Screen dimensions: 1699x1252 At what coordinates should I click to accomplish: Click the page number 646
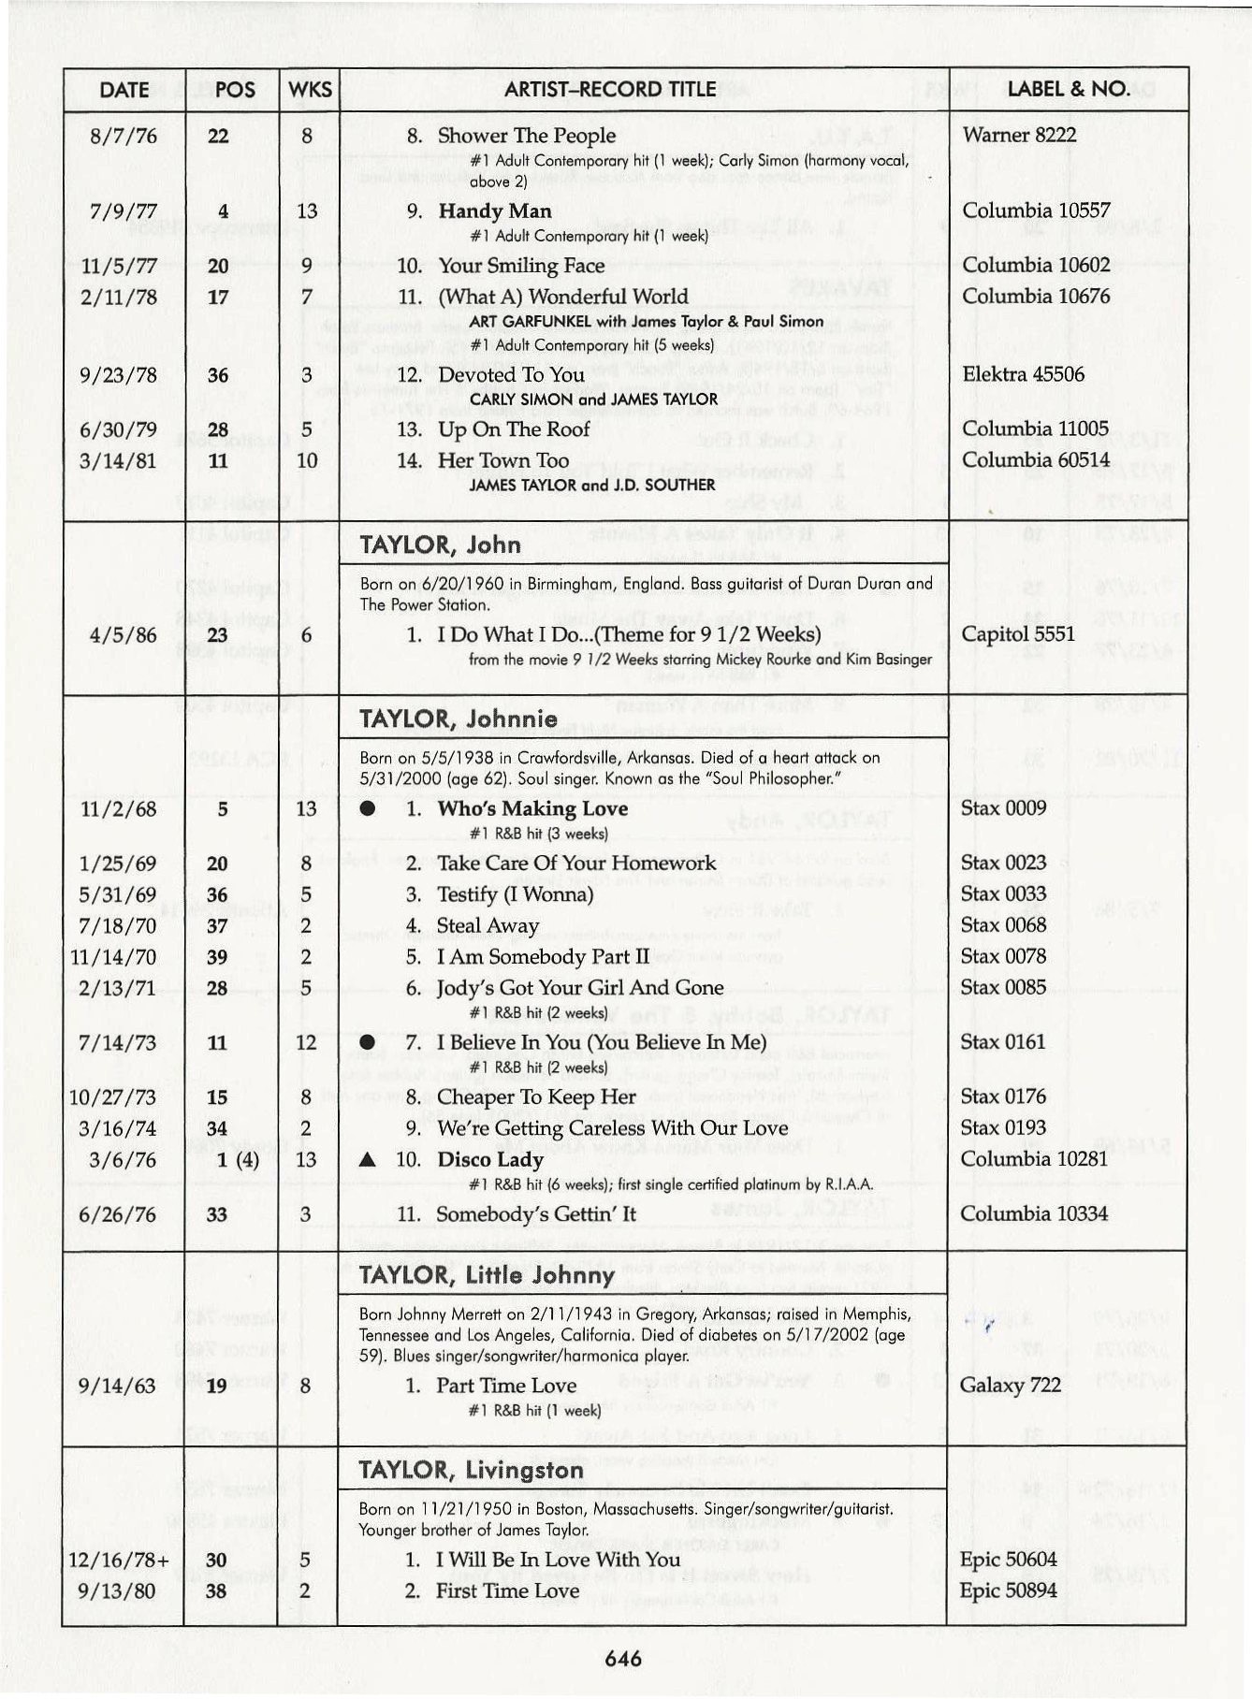(623, 1659)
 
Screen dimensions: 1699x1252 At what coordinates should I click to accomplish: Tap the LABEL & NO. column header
(1068, 90)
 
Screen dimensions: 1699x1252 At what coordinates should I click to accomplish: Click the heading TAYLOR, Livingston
(471, 1470)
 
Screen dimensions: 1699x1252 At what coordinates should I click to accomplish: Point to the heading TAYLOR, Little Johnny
(487, 1275)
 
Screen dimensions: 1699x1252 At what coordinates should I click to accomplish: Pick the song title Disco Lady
(490, 1160)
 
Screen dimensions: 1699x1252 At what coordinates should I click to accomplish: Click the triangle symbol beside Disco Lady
(368, 1160)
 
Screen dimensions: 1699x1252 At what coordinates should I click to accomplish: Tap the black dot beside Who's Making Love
(368, 809)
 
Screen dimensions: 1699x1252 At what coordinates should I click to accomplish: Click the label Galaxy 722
(1010, 1385)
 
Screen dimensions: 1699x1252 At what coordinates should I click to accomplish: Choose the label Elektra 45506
(1023, 374)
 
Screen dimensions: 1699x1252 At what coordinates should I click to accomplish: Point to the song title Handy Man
(495, 211)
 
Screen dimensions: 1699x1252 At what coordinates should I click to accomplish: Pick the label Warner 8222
(1019, 135)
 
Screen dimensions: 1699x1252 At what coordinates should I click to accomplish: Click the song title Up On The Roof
(514, 429)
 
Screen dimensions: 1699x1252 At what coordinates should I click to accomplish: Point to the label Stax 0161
(1003, 1041)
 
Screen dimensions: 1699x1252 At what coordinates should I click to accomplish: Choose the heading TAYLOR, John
(440, 545)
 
